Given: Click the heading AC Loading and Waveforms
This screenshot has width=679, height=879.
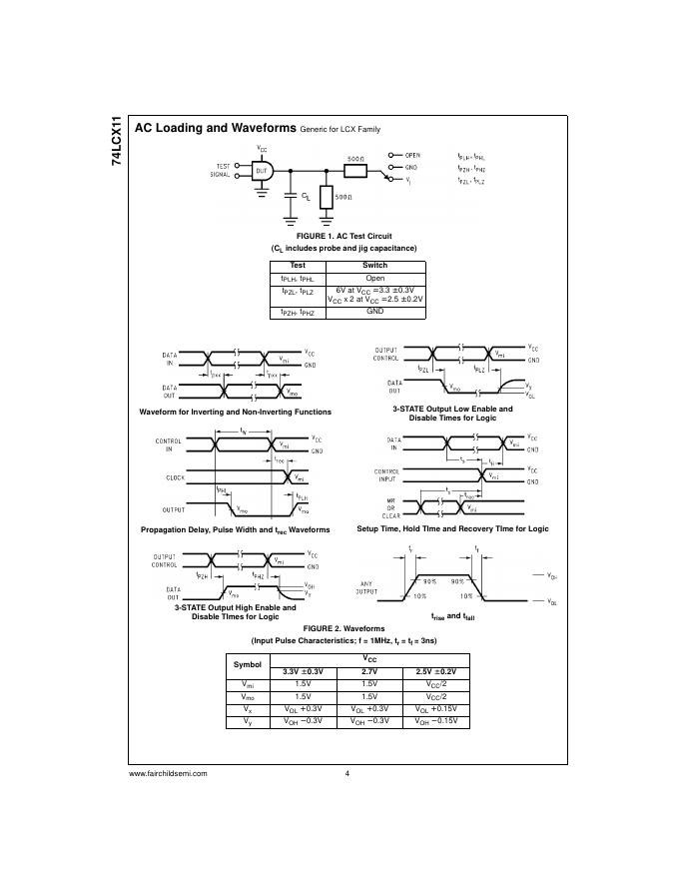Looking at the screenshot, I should [x=215, y=129].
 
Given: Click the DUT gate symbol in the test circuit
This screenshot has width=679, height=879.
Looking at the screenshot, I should [x=263, y=172].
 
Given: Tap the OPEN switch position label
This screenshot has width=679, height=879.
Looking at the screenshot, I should [x=412, y=156].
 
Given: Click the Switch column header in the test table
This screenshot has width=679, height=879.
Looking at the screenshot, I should [x=374, y=266].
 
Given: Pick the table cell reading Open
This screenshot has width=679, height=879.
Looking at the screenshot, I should [x=374, y=279].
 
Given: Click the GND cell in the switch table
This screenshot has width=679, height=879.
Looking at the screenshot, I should [x=374, y=313].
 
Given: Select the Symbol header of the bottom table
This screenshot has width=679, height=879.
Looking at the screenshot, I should [x=247, y=664].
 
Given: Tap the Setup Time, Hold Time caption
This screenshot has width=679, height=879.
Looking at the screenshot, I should [x=452, y=528].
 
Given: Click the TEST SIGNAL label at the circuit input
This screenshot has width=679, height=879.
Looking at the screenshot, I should [x=221, y=170].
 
